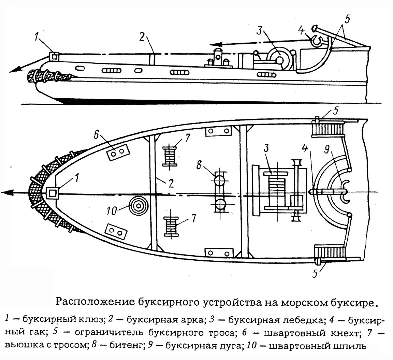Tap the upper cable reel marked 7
[170, 156]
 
